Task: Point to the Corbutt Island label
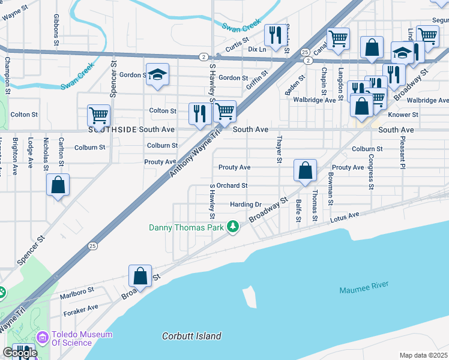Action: pyautogui.click(x=191, y=336)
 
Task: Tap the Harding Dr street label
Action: pyautogui.click(x=246, y=205)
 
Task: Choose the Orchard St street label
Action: pyautogui.click(x=232, y=186)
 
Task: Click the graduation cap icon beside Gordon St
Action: pyautogui.click(x=157, y=74)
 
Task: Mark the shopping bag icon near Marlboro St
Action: pyautogui.click(x=140, y=276)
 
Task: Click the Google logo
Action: pyautogui.click(x=20, y=353)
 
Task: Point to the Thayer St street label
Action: pyautogui.click(x=279, y=149)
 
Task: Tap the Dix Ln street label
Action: pyautogui.click(x=256, y=50)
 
